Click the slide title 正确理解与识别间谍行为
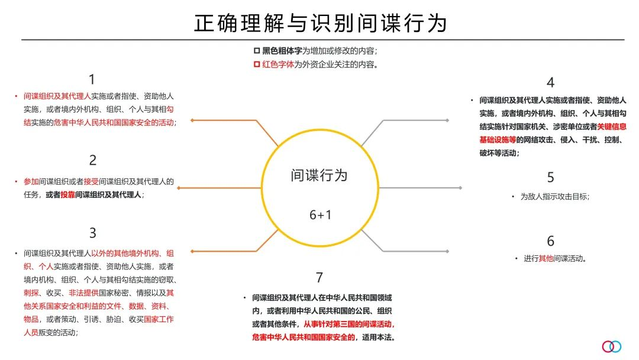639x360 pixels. pyautogui.click(x=320, y=23)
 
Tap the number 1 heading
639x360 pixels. pyautogui.click(x=92, y=79)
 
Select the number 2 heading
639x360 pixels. pyautogui.click(x=93, y=160)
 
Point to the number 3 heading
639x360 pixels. pyautogui.click(x=93, y=233)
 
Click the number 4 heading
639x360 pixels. pyautogui.click(x=551, y=83)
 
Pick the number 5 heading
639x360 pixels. pyautogui.click(x=551, y=178)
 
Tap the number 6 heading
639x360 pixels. pyautogui.click(x=551, y=241)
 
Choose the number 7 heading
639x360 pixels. pyautogui.click(x=319, y=278)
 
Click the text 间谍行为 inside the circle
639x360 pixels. pyautogui.click(x=319, y=175)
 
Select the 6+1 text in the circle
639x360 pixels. pyautogui.click(x=320, y=214)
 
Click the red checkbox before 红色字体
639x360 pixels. pyautogui.click(x=257, y=65)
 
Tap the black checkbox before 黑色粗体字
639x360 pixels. pyautogui.click(x=257, y=51)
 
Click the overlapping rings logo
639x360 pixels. pyautogui.click(x=611, y=346)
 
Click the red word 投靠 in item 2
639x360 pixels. pyautogui.click(x=67, y=195)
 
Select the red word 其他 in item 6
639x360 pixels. pyautogui.click(x=546, y=259)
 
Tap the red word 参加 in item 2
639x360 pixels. pyautogui.click(x=31, y=181)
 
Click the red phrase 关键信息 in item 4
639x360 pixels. pyautogui.click(x=612, y=127)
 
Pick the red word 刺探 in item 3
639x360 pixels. pyautogui.click(x=31, y=292)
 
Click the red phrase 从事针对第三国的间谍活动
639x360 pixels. pyautogui.click(x=348, y=324)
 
